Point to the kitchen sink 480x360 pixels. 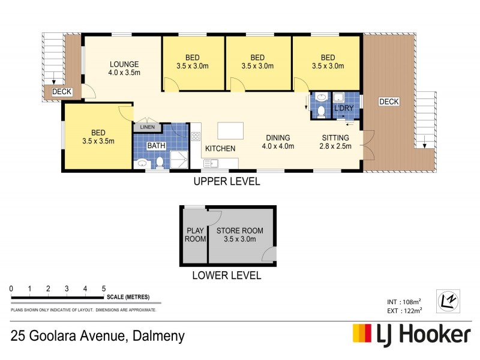[x=211, y=162]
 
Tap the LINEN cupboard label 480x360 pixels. [x=147, y=127]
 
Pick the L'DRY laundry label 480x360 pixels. [x=344, y=108]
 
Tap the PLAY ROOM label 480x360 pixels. [x=196, y=234]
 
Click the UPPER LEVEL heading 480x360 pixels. [x=226, y=182]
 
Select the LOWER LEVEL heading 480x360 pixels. [x=226, y=276]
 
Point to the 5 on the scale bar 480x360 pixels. [x=104, y=289]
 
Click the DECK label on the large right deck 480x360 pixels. [x=389, y=102]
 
